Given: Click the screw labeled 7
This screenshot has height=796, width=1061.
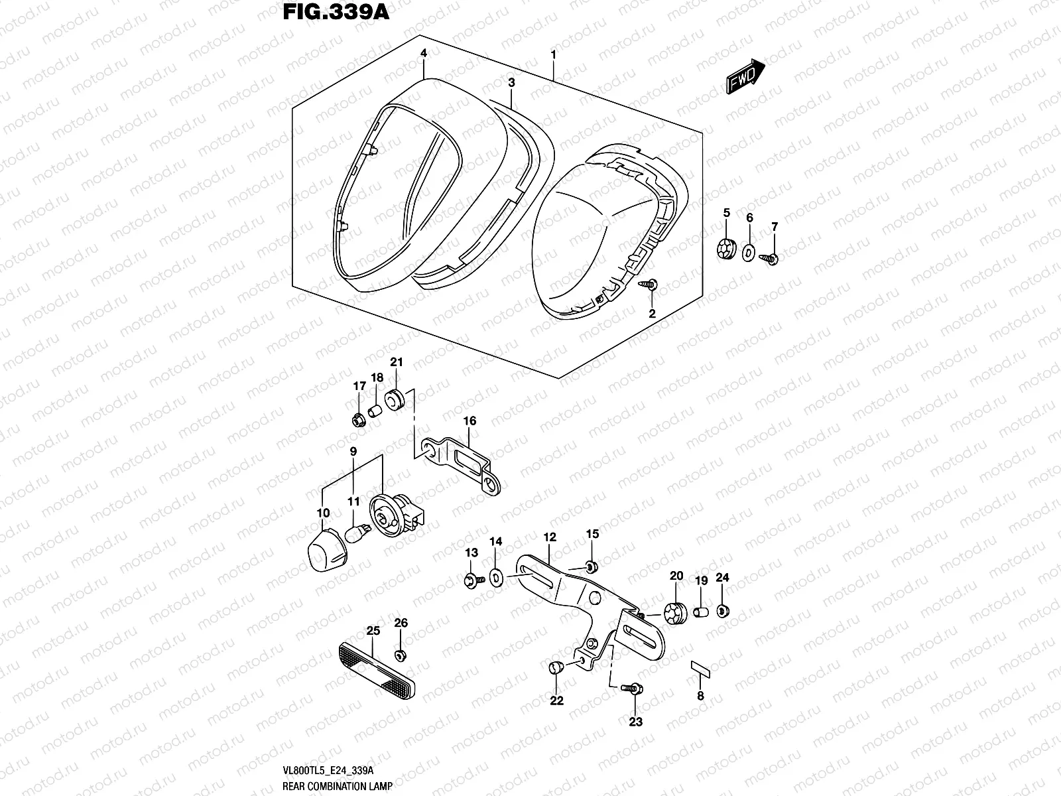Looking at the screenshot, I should click(x=772, y=257).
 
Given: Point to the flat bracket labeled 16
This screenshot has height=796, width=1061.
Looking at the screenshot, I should click(x=464, y=458).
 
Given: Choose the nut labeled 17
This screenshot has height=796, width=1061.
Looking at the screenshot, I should click(x=359, y=420).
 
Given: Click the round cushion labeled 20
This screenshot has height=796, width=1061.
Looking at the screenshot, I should click(x=675, y=613).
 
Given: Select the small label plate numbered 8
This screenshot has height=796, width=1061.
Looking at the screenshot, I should click(x=702, y=668).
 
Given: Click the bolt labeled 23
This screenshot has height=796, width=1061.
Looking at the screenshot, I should click(x=633, y=691).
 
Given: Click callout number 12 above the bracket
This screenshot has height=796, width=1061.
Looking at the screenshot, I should click(x=550, y=537).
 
